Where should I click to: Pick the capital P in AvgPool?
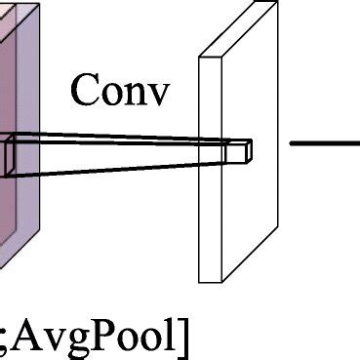coord(113,335)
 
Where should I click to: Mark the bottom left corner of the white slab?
coord(200,282)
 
